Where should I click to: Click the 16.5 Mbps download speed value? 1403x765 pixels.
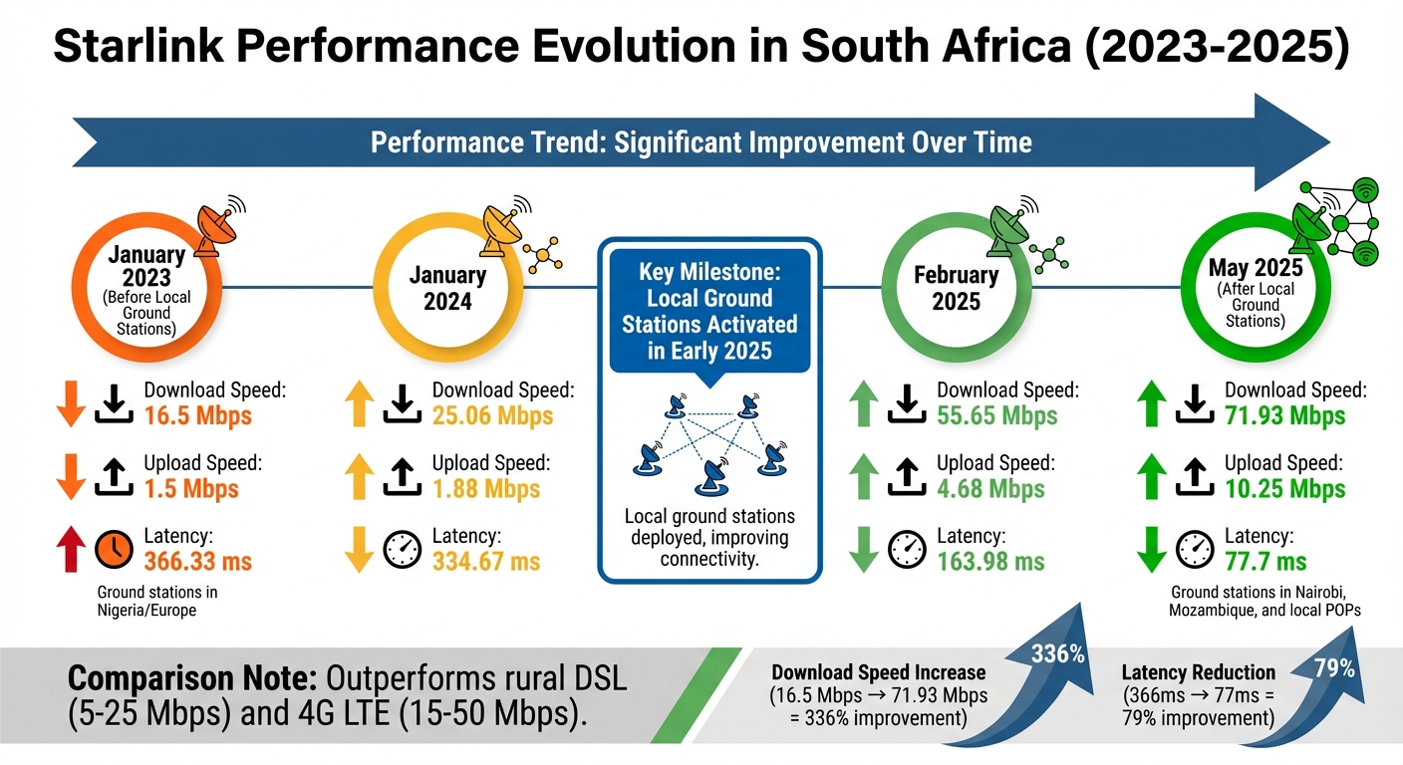[x=197, y=415]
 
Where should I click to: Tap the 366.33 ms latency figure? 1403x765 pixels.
[x=197, y=561]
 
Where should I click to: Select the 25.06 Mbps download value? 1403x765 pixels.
[x=492, y=415]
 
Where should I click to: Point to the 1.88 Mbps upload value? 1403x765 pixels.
[x=485, y=488]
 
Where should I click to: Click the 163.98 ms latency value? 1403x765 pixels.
[x=990, y=561]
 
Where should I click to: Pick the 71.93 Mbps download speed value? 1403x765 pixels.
[x=1284, y=415]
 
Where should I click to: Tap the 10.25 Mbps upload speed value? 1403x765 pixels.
[x=1284, y=488]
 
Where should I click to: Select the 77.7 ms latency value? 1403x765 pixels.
[x=1265, y=561]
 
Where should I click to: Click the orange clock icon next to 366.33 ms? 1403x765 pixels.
[x=113, y=549]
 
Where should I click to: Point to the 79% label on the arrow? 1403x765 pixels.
[x=1334, y=669]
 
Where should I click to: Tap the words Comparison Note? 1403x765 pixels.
[x=190, y=679]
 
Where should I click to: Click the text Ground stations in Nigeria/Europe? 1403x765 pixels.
[x=156, y=601]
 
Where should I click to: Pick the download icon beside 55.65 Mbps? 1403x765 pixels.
[x=907, y=403]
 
